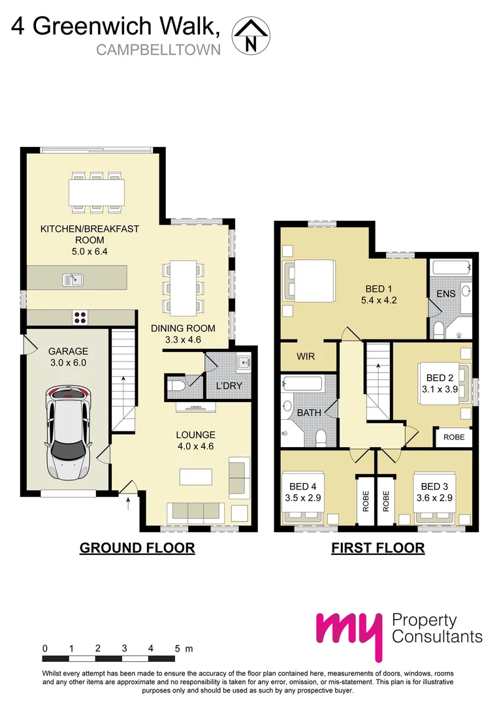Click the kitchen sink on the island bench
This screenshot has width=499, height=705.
tap(73, 280)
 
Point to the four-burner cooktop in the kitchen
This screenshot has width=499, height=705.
tap(81, 317)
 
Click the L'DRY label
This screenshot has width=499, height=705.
tap(229, 386)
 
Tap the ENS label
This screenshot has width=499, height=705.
tap(446, 294)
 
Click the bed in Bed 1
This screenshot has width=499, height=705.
tap(308, 281)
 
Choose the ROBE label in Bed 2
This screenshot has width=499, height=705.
tap(454, 437)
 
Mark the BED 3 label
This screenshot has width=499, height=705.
tap(434, 486)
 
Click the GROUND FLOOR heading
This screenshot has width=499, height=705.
tap(137, 548)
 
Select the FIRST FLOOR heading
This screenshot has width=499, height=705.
tap(378, 548)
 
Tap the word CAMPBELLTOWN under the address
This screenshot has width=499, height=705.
tap(159, 50)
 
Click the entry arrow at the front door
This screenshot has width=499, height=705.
tap(128, 503)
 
